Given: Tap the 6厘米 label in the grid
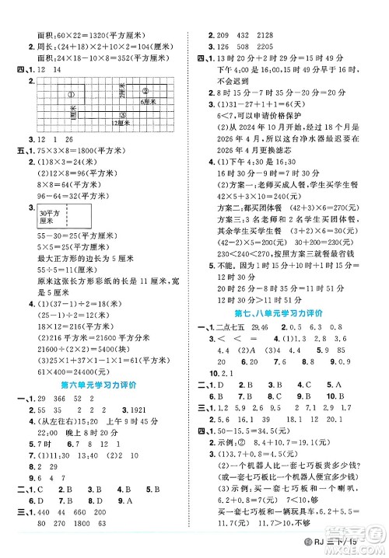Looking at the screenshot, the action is (147, 103).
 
